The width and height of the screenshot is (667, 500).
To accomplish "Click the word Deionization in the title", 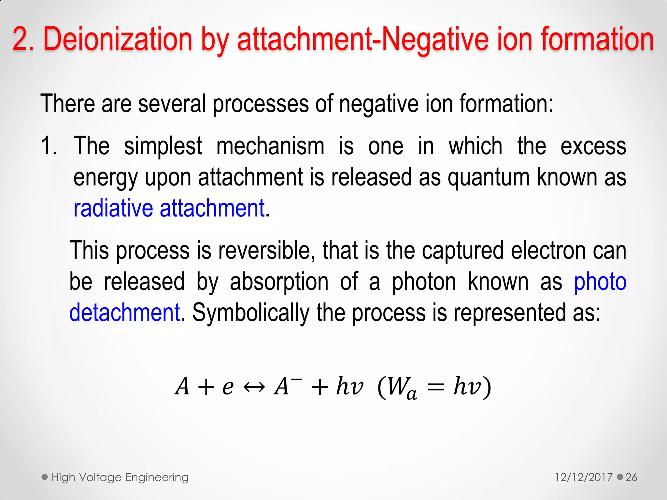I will [x=118, y=40].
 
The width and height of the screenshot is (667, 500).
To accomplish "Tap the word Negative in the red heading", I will [x=435, y=40].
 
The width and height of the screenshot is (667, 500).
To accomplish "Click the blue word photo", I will [x=600, y=282].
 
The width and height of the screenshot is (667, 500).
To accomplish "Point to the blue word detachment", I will [x=124, y=312].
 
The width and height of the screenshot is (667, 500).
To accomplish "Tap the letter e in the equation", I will [x=228, y=387].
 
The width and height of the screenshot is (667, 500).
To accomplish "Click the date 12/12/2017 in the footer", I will [x=584, y=477].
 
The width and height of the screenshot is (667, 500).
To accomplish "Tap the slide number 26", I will [x=631, y=477].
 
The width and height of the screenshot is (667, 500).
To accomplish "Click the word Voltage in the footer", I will [x=101, y=477].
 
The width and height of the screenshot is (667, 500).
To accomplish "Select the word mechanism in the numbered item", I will [x=270, y=146].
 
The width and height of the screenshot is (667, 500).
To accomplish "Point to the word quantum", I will [x=489, y=178].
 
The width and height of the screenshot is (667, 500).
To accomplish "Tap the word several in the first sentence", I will [x=172, y=104].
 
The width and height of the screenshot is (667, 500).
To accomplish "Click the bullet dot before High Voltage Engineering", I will [x=45, y=477].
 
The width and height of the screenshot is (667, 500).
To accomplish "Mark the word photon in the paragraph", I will [x=424, y=282].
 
